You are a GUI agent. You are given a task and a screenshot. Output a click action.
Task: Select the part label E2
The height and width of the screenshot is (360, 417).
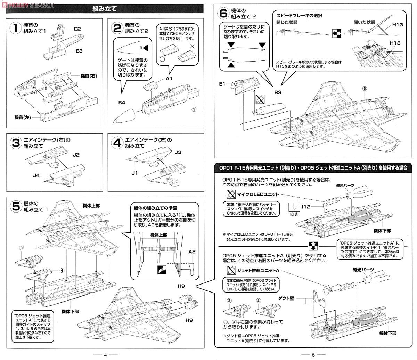(77, 29)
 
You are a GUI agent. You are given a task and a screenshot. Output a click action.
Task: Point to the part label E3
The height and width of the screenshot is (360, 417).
(79, 51)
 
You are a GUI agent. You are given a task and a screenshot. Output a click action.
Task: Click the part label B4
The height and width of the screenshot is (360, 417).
(121, 103)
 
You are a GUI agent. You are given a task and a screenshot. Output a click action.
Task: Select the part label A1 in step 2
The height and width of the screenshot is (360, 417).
(169, 79)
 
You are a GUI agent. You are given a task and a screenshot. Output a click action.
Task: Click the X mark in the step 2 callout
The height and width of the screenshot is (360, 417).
(191, 46)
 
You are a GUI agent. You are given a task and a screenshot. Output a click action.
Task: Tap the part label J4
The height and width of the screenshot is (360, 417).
(36, 175)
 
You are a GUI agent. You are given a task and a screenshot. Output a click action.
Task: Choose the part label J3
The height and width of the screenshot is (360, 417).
(178, 152)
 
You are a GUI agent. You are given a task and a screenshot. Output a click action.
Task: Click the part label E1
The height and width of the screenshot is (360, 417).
(223, 83)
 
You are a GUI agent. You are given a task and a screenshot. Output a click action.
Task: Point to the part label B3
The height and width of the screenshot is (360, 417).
(277, 92)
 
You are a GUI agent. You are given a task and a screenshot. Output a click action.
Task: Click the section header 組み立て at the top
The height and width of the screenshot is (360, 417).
(105, 9)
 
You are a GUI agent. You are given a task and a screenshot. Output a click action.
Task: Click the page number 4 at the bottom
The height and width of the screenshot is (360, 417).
(105, 354)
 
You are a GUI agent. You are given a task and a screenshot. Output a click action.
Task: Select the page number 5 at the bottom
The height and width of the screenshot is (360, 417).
(313, 354)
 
